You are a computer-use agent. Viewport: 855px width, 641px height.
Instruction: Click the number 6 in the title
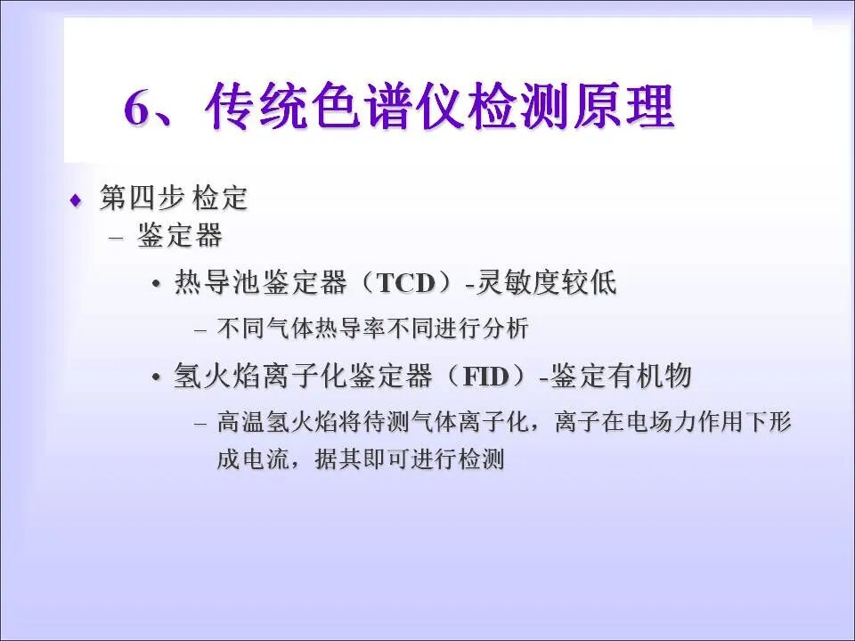(x=141, y=110)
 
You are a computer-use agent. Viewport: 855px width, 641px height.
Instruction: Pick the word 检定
(x=219, y=199)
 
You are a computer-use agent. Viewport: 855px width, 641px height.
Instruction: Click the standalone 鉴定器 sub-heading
(x=180, y=237)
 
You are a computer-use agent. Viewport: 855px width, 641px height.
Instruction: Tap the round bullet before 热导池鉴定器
(x=157, y=284)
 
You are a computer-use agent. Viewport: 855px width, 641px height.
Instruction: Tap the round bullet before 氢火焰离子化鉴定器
(x=157, y=377)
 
